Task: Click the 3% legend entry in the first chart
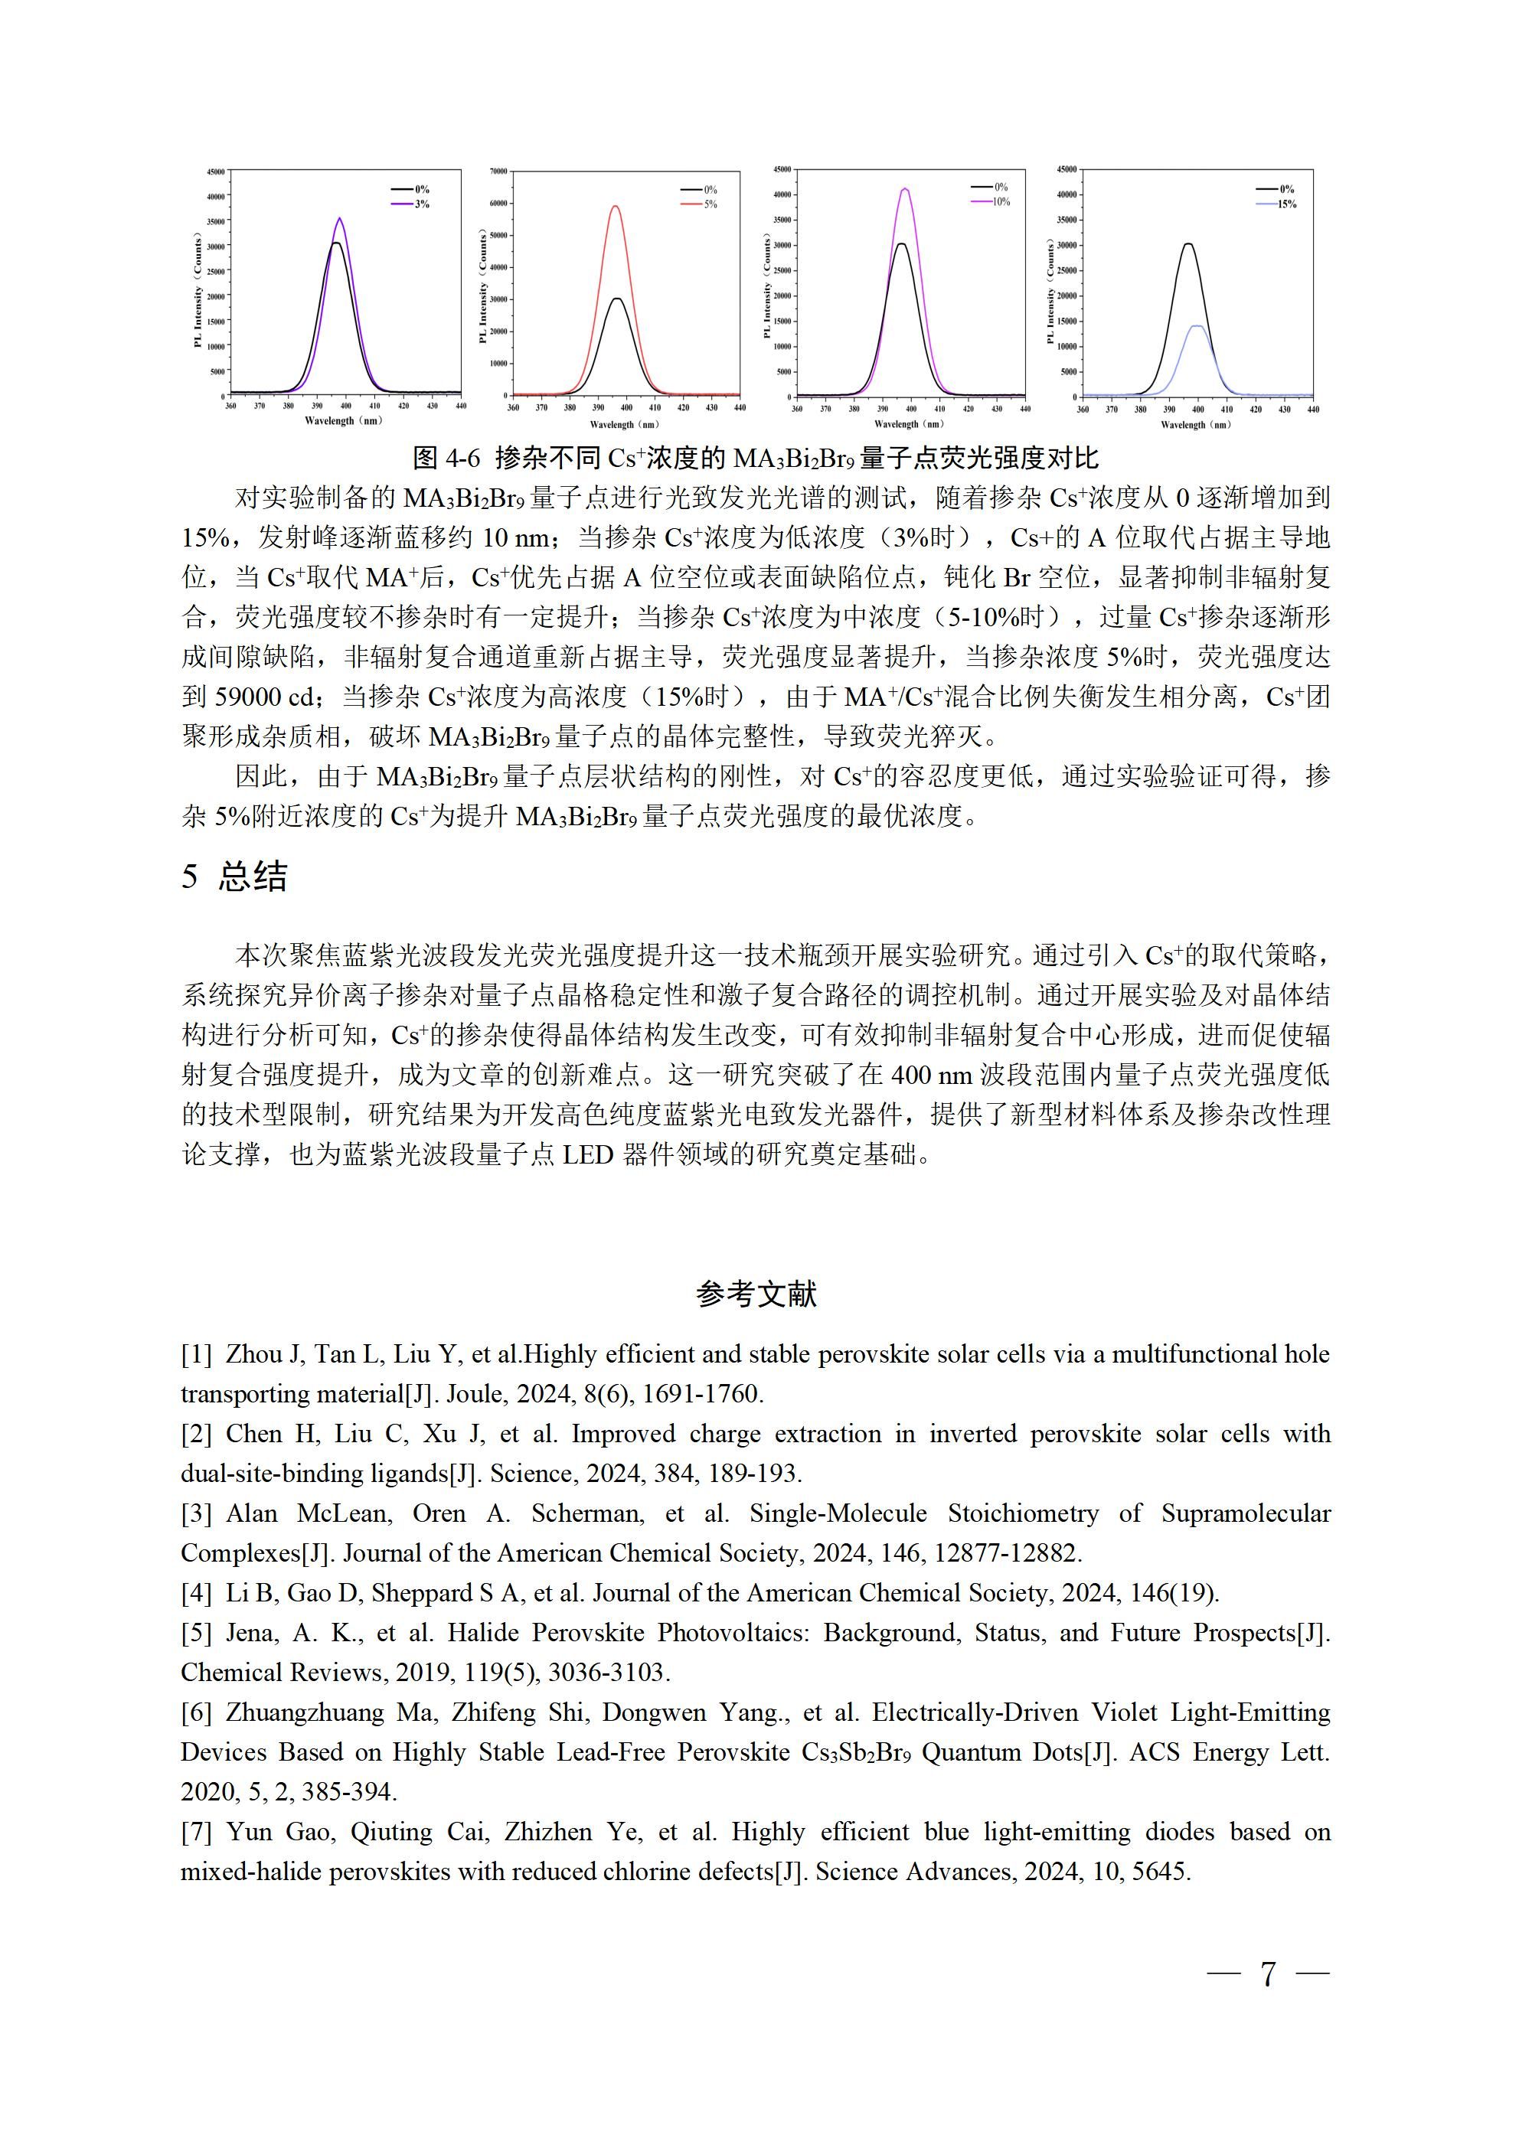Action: pyautogui.click(x=421, y=204)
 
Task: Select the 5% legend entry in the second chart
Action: pyautogui.click(x=710, y=204)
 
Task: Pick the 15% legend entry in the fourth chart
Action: pyautogui.click(x=1287, y=204)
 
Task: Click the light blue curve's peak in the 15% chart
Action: pyautogui.click(x=1197, y=327)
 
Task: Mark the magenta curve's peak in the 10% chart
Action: pyautogui.click(x=905, y=190)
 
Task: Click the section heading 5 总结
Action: pyautogui.click(x=234, y=877)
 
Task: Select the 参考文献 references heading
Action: pyautogui.click(x=757, y=1294)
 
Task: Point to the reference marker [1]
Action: pyautogui.click(x=197, y=1355)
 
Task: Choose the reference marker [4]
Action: pyautogui.click(x=197, y=1593)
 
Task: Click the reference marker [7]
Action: pyautogui.click(x=197, y=1832)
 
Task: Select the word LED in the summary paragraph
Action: pyautogui.click(x=588, y=1154)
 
